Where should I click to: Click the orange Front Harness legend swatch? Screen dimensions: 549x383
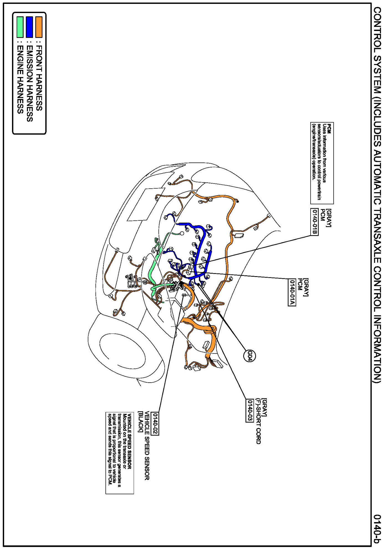click(x=39, y=27)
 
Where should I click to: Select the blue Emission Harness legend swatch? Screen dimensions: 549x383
click(x=29, y=27)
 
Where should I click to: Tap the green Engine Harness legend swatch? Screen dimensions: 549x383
click(x=20, y=27)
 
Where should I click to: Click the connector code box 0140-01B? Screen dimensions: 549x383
click(x=314, y=222)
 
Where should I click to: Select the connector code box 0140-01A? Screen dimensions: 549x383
click(x=292, y=292)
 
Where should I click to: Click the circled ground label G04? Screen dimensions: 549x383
click(x=249, y=356)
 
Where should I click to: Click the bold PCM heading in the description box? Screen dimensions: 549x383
click(x=329, y=128)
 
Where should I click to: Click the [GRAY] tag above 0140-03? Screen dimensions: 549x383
click(x=264, y=407)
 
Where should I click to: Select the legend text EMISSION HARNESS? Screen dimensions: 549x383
click(x=29, y=83)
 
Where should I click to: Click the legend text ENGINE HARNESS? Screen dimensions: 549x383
click(x=20, y=79)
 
